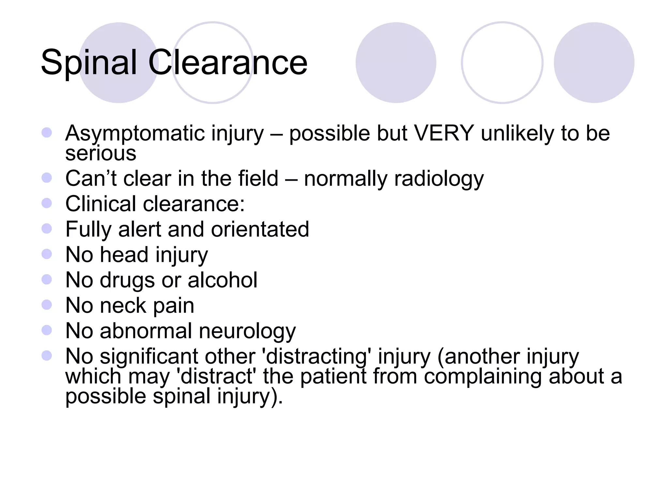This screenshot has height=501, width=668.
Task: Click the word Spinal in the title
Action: pyautogui.click(x=89, y=63)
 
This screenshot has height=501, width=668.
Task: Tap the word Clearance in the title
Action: pyautogui.click(x=228, y=63)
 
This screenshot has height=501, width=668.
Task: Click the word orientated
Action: pyautogui.click(x=260, y=229)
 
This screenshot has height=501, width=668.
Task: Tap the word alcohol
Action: pyautogui.click(x=222, y=280)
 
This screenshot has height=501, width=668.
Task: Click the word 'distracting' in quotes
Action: pyautogui.click(x=316, y=357)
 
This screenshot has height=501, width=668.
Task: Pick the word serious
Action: pyautogui.click(x=101, y=153)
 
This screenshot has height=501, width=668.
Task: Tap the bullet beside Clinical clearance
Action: pyautogui.click(x=47, y=203)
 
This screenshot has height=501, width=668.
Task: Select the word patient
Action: pyautogui.click(x=333, y=377)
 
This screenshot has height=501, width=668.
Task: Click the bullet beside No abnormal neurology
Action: pyautogui.click(x=47, y=330)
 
